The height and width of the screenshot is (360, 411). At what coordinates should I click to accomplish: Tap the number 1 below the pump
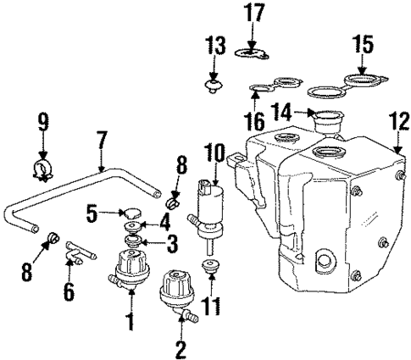click(x=130, y=322)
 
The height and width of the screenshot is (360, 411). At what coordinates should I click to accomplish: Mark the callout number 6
click(x=69, y=293)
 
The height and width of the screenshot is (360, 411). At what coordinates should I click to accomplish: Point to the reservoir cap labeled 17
click(x=252, y=54)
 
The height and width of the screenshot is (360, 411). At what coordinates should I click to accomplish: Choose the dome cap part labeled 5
click(x=131, y=211)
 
